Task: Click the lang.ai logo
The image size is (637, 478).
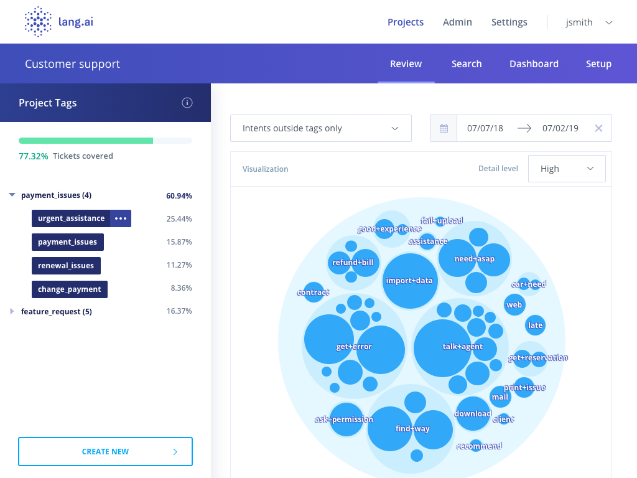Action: pos(58,22)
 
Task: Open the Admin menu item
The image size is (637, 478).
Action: pos(457,22)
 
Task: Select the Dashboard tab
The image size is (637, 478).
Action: pos(534,64)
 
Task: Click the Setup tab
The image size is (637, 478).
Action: pos(598,64)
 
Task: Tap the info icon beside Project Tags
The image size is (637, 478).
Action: pos(187,103)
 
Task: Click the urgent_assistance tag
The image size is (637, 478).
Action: pos(71,218)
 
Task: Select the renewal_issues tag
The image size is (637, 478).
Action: pos(66,266)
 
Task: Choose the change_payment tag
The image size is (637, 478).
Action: pos(70,289)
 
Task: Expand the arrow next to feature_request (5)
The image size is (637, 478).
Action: pos(12,311)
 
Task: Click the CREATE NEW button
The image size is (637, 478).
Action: pos(105,452)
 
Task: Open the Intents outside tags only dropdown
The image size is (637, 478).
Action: pos(320,128)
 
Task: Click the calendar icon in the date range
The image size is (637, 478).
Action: pos(444,128)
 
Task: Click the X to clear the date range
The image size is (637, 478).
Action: pos(598,128)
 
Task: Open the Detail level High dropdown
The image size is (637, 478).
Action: pos(566,169)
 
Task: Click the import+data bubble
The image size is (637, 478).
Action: pos(409,281)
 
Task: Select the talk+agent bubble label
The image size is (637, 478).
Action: pos(462,347)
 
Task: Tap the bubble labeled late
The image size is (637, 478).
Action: pos(535,325)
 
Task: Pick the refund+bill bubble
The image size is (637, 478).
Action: pos(353,263)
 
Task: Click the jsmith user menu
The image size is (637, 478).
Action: pos(588,22)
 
